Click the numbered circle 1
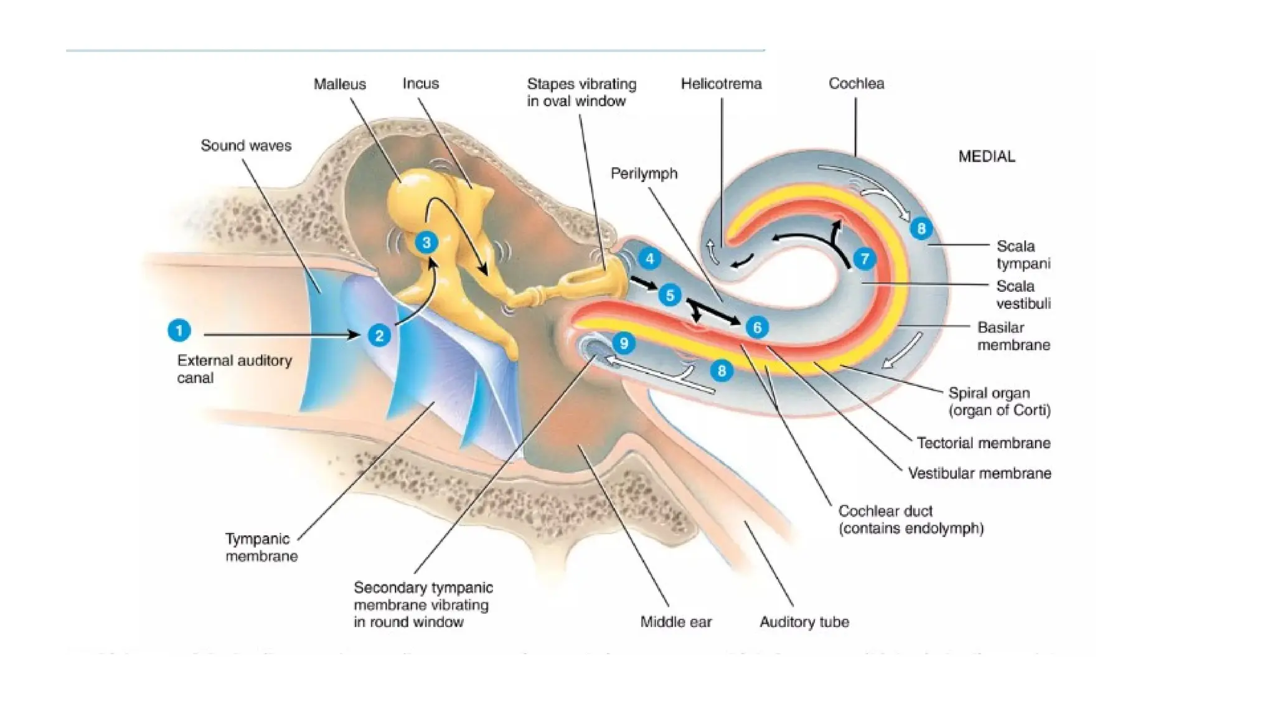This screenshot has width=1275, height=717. (x=179, y=330)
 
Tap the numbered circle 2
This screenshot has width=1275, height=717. (x=379, y=335)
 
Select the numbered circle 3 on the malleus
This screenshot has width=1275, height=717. (x=426, y=242)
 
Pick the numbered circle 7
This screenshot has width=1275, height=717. (x=864, y=258)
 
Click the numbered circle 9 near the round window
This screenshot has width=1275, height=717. (x=623, y=342)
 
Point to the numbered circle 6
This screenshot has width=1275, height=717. (x=757, y=327)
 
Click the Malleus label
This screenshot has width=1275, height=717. (x=339, y=84)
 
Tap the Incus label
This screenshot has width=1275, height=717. (x=420, y=83)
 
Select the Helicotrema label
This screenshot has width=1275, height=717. (x=721, y=83)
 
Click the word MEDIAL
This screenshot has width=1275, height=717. (x=986, y=156)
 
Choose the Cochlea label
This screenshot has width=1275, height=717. (x=856, y=83)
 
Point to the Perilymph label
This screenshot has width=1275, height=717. (x=644, y=173)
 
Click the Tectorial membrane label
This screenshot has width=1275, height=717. (x=984, y=443)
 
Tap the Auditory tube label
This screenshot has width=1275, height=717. (x=804, y=622)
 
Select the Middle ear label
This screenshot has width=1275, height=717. (x=676, y=622)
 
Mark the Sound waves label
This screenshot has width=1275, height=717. (x=246, y=146)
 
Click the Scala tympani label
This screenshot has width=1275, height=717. (x=1023, y=255)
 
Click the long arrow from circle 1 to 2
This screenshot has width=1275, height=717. (x=280, y=335)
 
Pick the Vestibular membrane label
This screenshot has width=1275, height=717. (x=979, y=474)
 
